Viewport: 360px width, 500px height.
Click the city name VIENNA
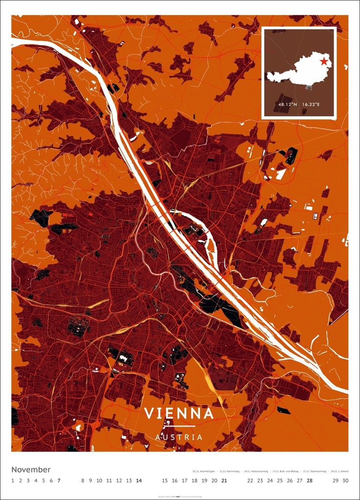coord(179,413)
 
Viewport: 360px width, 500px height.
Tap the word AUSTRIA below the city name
coord(179,436)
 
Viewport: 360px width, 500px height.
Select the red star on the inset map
coord(323,61)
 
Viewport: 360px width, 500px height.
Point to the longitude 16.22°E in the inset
coord(311,104)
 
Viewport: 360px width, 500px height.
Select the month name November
coord(31,470)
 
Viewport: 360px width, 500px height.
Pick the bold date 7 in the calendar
coord(59,480)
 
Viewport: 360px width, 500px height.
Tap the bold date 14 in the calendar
coord(139,480)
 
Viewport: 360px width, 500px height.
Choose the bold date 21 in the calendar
coord(224,480)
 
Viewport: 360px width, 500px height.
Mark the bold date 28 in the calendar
coord(310,480)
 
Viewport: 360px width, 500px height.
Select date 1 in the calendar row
coord(13,480)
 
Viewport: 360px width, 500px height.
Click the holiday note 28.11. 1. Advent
coord(337,471)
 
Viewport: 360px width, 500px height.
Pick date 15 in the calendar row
coord(165,480)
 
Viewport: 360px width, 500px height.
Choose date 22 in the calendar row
coord(250,480)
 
